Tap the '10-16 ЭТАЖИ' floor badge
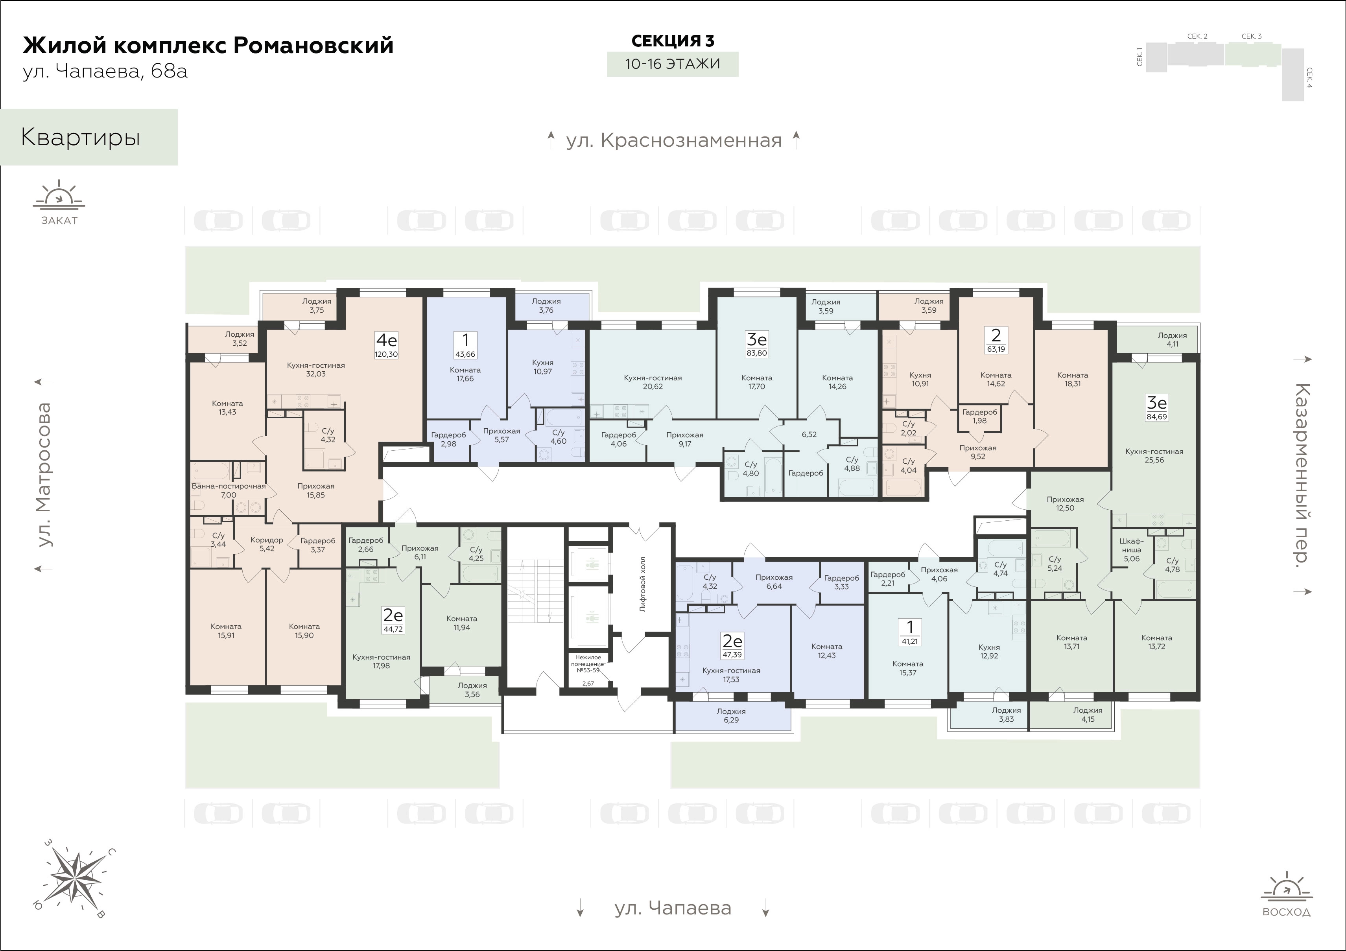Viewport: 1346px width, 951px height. click(673, 64)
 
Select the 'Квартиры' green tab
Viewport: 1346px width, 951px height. click(89, 137)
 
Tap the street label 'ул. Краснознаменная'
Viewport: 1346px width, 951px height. click(673, 141)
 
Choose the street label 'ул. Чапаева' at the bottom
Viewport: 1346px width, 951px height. click(673, 908)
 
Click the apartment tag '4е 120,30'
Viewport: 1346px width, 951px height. click(386, 345)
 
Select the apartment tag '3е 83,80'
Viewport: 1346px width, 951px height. click(757, 344)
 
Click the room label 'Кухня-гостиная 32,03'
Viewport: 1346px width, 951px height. click(316, 369)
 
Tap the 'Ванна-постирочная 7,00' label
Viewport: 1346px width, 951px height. click(229, 490)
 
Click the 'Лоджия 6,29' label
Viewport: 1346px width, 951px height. click(731, 715)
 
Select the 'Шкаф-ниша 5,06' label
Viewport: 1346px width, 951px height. click(1132, 550)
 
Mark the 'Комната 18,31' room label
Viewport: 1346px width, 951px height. click(1072, 380)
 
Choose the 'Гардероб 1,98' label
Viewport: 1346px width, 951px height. click(979, 416)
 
